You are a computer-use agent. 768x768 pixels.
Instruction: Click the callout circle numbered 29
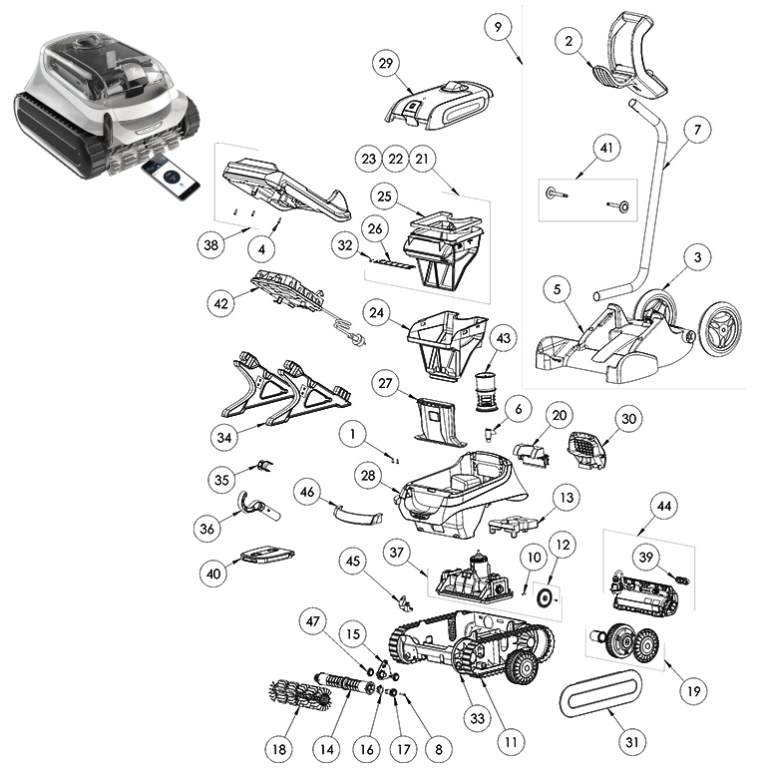[386, 63]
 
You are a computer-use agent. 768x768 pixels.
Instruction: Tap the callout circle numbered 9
[498, 27]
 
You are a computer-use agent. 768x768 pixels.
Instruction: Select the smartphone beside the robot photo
[171, 179]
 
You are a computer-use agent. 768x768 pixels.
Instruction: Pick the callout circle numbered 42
[220, 303]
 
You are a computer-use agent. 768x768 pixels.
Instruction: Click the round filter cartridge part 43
[487, 393]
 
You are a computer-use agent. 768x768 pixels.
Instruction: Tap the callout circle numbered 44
[664, 506]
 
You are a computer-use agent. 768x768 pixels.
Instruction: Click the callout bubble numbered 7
[697, 130]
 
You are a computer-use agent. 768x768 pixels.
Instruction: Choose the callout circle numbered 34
[223, 437]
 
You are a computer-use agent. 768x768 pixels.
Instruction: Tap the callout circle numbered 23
[368, 159]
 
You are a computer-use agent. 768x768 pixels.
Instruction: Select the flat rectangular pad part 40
[267, 556]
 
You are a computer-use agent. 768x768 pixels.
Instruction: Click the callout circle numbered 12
[563, 545]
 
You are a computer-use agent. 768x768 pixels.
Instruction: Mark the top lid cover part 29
[438, 105]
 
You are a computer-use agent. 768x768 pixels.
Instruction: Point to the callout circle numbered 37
[396, 553]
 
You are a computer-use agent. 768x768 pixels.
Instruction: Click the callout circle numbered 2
[569, 40]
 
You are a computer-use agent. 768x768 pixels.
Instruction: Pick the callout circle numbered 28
[368, 475]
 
